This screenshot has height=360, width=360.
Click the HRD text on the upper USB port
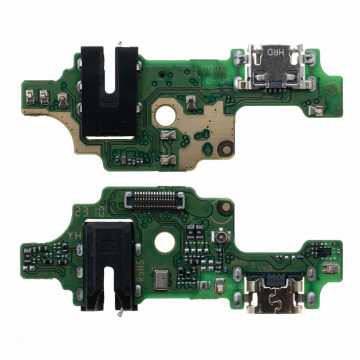276,52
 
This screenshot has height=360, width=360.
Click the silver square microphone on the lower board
161,278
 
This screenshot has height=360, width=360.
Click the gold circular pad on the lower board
225,207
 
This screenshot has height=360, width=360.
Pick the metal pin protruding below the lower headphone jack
120,312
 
